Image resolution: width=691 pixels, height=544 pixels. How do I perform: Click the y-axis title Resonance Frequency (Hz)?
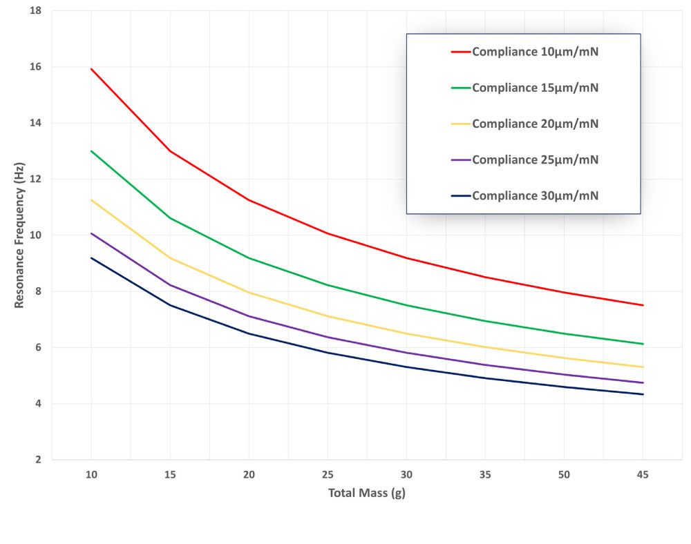[x=19, y=235]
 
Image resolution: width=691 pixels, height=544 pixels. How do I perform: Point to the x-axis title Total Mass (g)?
[x=367, y=494]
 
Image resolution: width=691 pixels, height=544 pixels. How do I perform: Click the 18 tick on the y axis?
[x=35, y=11]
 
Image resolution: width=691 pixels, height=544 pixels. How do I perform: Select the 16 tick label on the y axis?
[x=35, y=67]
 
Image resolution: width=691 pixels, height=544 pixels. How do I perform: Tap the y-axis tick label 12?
[x=35, y=179]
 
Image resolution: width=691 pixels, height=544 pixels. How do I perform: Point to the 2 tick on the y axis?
[x=38, y=460]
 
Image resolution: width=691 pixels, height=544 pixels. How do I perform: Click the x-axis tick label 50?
[x=565, y=475]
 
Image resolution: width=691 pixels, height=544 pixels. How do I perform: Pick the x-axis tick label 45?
[x=643, y=475]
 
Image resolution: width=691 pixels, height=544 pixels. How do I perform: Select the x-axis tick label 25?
[x=328, y=475]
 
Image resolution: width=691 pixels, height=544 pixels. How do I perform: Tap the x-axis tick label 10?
[x=91, y=475]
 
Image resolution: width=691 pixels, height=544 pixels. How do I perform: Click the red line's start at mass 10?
[x=91, y=69]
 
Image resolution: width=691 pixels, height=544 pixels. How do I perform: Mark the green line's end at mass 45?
[x=643, y=344]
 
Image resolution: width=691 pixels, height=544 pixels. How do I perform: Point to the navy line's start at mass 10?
[x=91, y=258]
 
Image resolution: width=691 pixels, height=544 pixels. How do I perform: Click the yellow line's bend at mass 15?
[x=170, y=258]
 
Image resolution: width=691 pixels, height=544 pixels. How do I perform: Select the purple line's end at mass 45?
[x=643, y=382]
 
